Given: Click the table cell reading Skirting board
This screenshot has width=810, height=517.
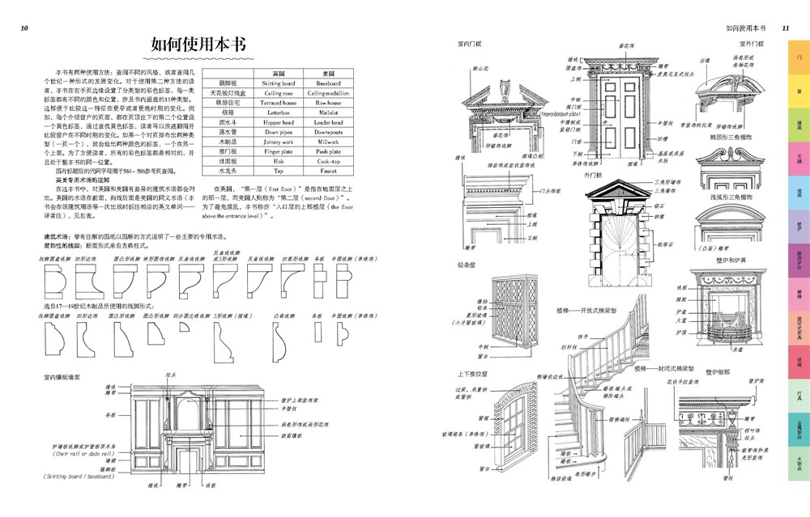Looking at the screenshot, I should point(279,83).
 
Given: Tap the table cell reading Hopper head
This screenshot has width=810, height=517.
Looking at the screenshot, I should point(279,122).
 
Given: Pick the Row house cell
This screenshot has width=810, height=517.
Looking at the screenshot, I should point(329,103).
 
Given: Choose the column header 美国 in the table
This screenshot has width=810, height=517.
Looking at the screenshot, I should point(329,73).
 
